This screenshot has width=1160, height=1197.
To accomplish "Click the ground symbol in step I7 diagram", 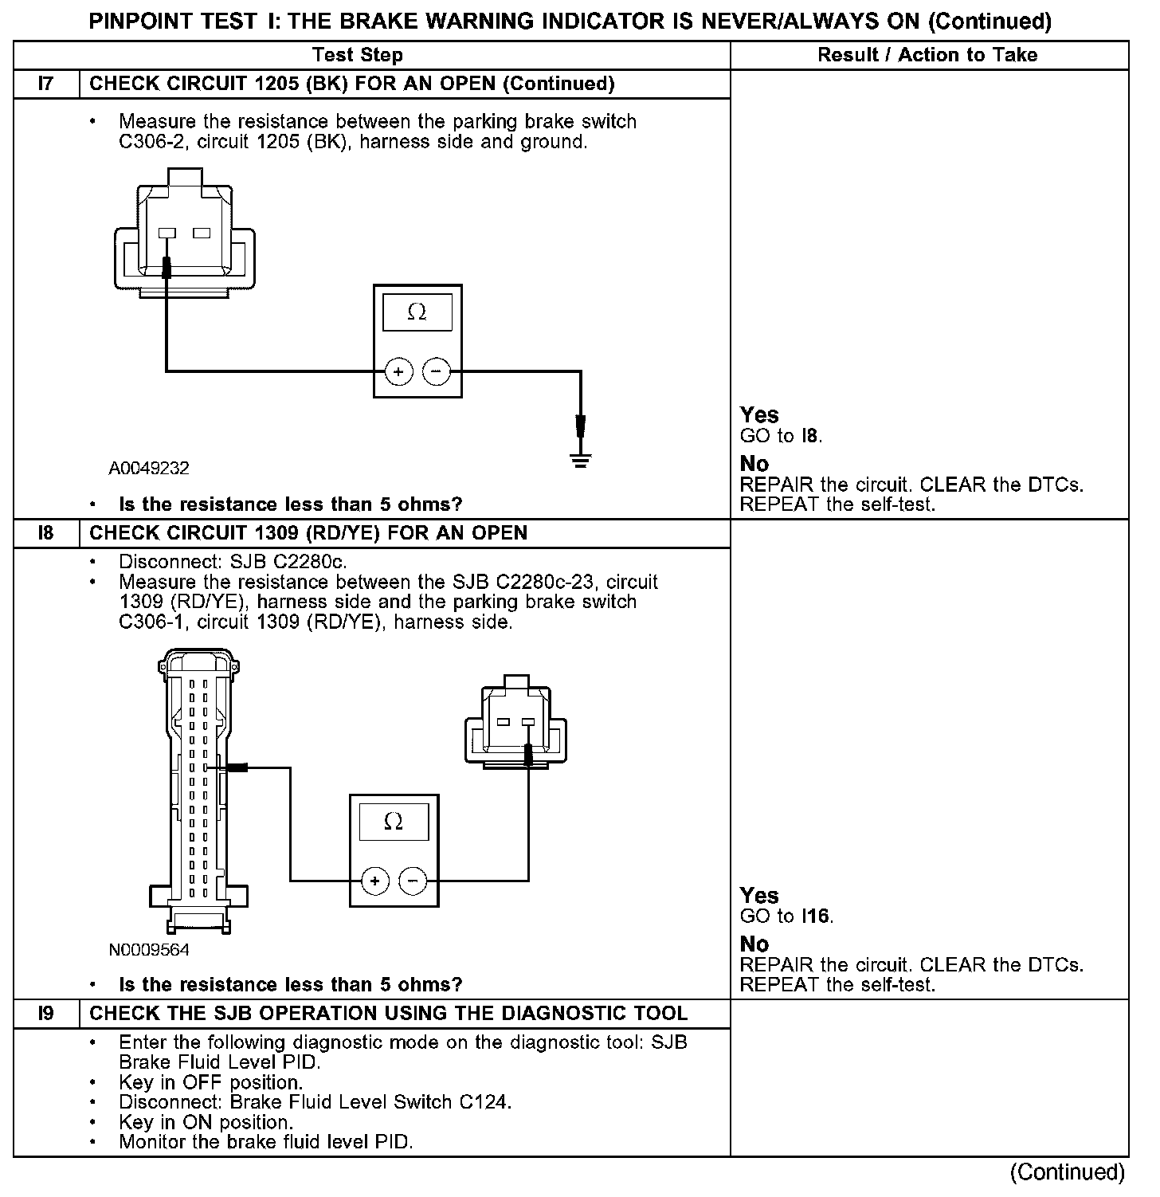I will (x=581, y=460).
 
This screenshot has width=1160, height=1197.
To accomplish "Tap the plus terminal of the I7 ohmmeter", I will (x=398, y=371).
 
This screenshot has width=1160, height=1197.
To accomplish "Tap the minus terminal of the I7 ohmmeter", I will (x=436, y=371).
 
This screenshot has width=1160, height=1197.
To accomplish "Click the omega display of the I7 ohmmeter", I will (x=417, y=312).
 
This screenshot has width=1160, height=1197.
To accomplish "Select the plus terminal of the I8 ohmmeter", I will (x=374, y=881).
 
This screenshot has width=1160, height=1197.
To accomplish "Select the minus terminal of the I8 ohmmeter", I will (x=412, y=881).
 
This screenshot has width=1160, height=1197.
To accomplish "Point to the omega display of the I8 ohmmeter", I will (x=394, y=822).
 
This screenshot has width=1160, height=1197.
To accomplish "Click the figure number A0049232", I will (x=149, y=469).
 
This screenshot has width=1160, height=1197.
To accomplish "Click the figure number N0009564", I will (x=149, y=950).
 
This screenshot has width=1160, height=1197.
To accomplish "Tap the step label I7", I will (x=46, y=84).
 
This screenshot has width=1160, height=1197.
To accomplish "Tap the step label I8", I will (x=46, y=533).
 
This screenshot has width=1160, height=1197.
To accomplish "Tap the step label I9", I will (x=46, y=1014).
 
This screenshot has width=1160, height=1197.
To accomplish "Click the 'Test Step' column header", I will (x=358, y=55).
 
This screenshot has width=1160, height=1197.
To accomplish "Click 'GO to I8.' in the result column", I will (x=781, y=436).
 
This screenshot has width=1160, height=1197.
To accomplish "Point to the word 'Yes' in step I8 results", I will (x=759, y=895).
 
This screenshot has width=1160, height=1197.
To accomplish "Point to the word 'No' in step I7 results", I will (x=754, y=463).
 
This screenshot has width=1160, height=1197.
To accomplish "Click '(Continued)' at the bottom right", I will (x=1067, y=1171).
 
